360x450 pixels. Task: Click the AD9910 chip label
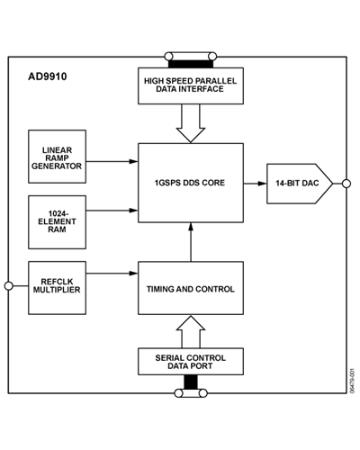(x=48, y=77)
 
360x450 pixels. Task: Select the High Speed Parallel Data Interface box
(x=190, y=85)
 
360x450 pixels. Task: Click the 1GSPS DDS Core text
(x=190, y=184)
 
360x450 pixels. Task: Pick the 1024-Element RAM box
(x=58, y=221)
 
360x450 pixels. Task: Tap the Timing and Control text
(x=190, y=289)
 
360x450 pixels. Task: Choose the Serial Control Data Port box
(x=190, y=363)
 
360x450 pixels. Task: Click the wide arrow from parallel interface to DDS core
(x=190, y=122)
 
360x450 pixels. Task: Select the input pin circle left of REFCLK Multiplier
(x=9, y=285)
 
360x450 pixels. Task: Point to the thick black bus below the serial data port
(x=190, y=384)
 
